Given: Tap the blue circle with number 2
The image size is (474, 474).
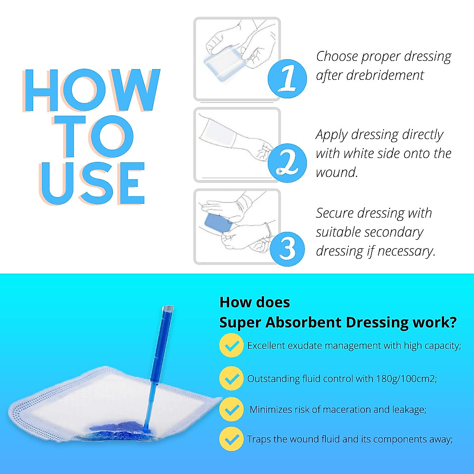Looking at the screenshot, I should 287,163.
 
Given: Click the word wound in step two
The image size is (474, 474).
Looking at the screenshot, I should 335,172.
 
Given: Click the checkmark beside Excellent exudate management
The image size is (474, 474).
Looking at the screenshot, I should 231,346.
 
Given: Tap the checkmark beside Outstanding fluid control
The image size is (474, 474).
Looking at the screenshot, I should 231,378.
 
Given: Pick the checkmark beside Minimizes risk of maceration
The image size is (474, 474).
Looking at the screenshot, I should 231,409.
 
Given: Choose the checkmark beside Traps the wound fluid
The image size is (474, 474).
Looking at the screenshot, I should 231,439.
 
